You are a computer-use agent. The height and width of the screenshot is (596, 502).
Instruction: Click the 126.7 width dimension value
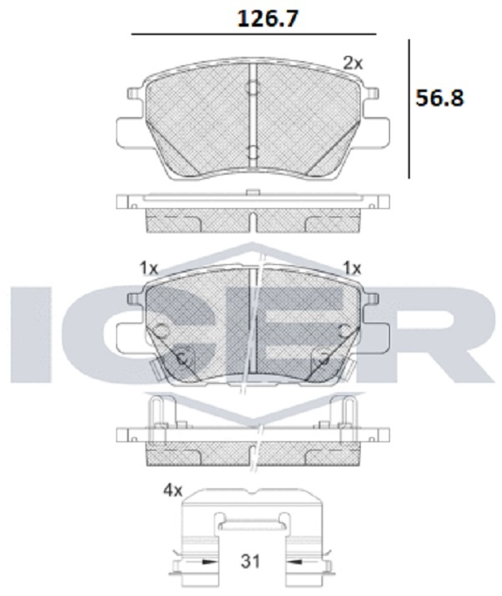[x=267, y=18]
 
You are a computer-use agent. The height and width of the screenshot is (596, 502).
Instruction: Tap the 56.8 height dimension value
[x=439, y=98]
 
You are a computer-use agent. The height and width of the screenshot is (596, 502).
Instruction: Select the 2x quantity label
[x=353, y=63]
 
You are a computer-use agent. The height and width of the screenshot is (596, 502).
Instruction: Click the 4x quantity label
[x=173, y=491]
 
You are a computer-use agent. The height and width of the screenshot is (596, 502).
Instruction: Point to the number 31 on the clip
[x=250, y=561]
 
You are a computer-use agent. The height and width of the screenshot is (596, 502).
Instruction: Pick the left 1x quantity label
[x=148, y=268]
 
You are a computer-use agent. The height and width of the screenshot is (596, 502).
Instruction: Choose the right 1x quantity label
[x=352, y=268]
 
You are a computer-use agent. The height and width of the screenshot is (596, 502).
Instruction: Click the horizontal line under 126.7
[x=254, y=34]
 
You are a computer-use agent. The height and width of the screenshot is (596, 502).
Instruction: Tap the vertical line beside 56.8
[x=409, y=109]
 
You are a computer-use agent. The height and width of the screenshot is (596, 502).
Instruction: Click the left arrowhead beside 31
[x=209, y=561]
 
